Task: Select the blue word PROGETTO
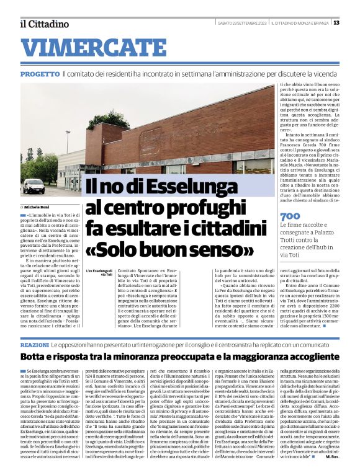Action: (39, 74)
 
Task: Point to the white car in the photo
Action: (34, 185)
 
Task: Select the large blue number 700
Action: (290, 216)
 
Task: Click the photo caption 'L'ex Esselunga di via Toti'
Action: (99, 273)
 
